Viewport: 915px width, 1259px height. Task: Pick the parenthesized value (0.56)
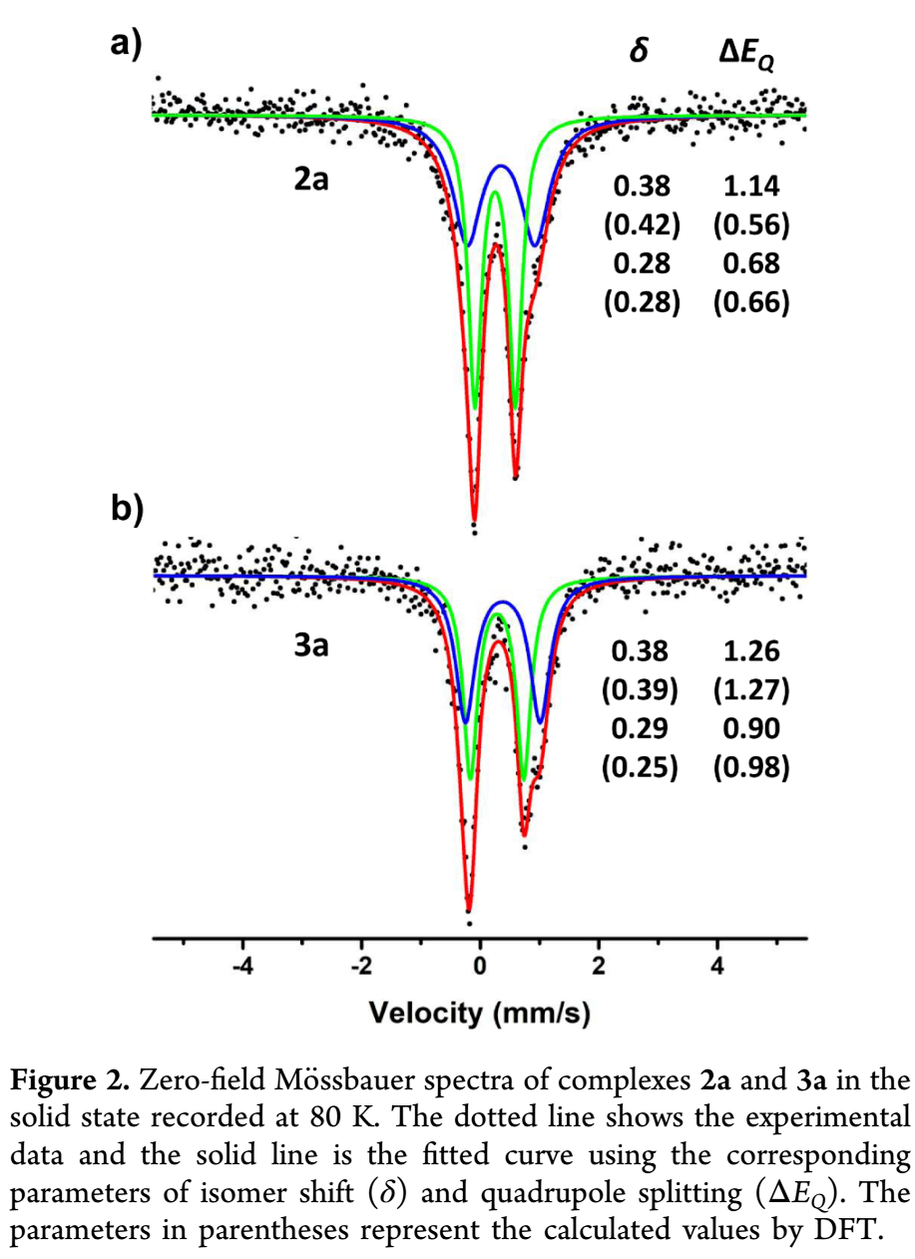[752, 225]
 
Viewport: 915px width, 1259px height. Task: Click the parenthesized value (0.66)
[752, 303]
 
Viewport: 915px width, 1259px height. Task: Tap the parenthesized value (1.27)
[752, 689]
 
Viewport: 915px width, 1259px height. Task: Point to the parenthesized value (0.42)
[642, 225]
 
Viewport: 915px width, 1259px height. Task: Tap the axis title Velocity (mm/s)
[479, 1015]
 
